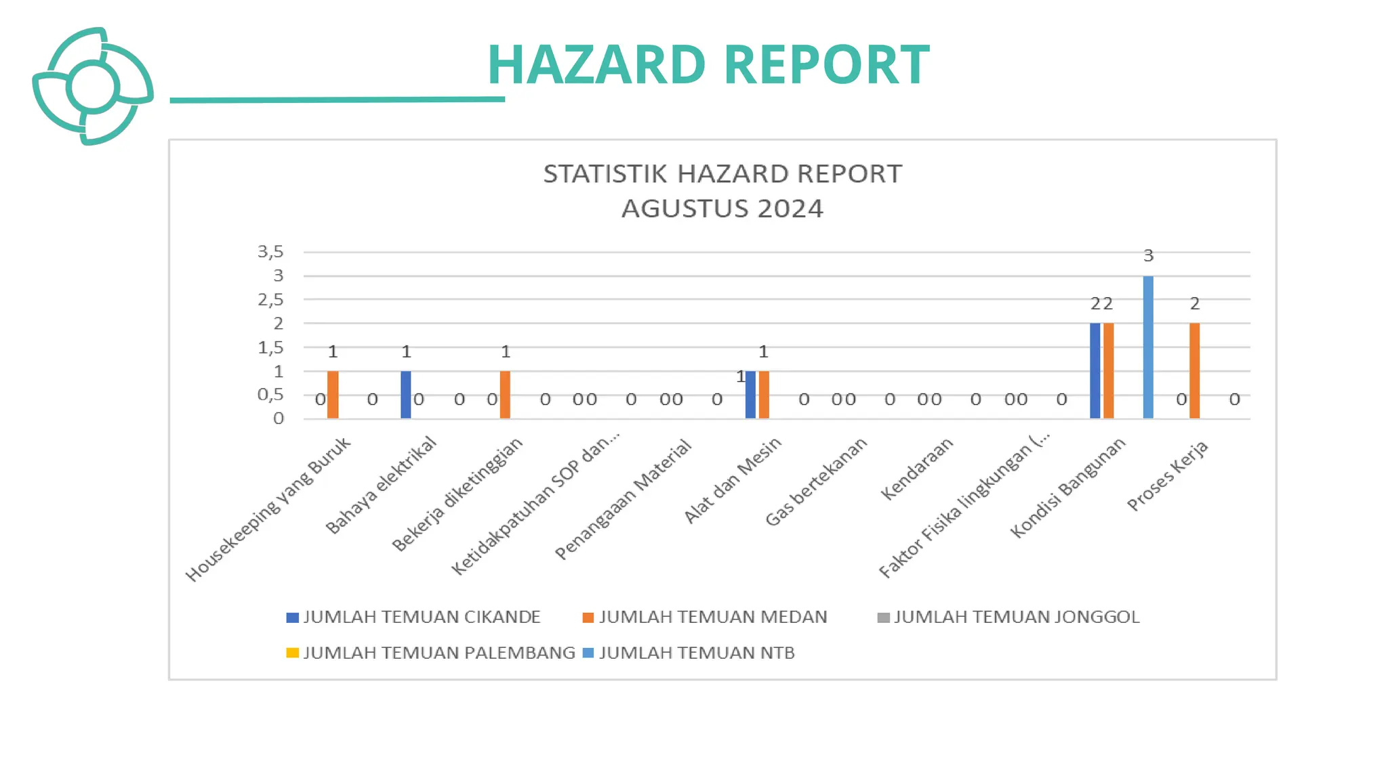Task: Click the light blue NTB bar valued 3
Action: pos(1148,347)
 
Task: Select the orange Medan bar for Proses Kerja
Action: pos(1194,370)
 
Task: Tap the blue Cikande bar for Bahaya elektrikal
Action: pos(405,394)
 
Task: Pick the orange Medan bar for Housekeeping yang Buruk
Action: pos(333,394)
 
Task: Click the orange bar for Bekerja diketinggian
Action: pos(505,394)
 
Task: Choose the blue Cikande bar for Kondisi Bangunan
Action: pos(1095,370)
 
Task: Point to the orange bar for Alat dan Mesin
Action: pos(764,394)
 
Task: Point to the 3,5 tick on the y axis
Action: pos(270,252)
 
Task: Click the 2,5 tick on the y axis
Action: pos(270,299)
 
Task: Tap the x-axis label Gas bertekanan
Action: pos(817,481)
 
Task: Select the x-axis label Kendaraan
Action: pos(917,469)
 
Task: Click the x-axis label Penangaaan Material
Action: pos(624,500)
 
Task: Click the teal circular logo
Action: pos(93,87)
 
